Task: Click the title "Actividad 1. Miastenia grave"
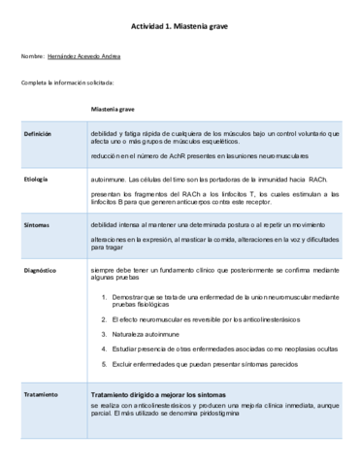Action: click(x=179, y=27)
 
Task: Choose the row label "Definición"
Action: click(x=38, y=133)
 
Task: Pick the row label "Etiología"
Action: click(x=36, y=181)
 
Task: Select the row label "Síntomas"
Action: click(x=36, y=224)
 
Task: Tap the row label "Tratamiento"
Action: click(x=41, y=394)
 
